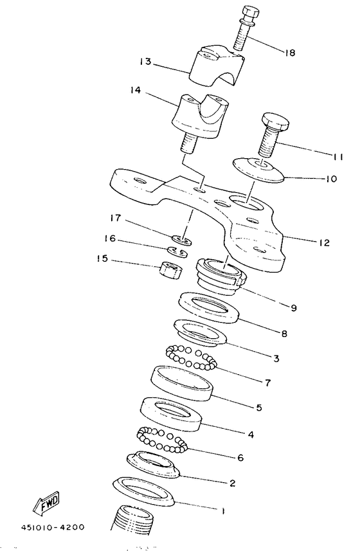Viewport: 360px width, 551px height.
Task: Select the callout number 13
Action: click(x=145, y=62)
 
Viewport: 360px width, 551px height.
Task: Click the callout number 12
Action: click(x=324, y=243)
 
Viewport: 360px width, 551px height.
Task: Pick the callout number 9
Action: click(x=294, y=308)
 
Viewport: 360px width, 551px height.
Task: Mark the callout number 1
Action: click(x=222, y=512)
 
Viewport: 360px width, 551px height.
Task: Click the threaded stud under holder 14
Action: click(x=188, y=143)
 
